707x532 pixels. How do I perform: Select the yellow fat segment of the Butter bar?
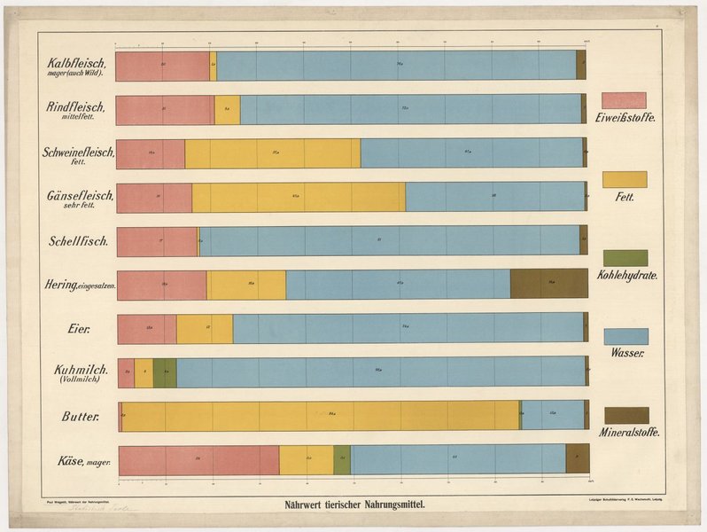point(319,415)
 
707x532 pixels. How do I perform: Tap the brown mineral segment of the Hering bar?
point(548,284)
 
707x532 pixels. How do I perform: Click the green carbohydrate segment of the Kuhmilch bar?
point(165,372)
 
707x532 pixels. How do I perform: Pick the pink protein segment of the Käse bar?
point(198,459)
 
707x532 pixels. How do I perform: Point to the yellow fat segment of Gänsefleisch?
point(298,197)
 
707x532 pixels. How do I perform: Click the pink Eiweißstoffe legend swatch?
point(624,100)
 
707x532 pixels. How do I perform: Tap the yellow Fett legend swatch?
point(624,179)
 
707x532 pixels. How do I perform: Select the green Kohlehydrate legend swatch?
point(625,258)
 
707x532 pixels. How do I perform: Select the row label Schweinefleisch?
point(78,152)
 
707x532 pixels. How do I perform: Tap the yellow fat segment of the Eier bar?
point(204,328)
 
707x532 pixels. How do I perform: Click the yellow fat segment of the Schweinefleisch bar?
point(272,153)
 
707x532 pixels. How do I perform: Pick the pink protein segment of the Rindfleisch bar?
point(164,109)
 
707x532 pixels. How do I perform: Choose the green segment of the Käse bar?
point(341,459)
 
